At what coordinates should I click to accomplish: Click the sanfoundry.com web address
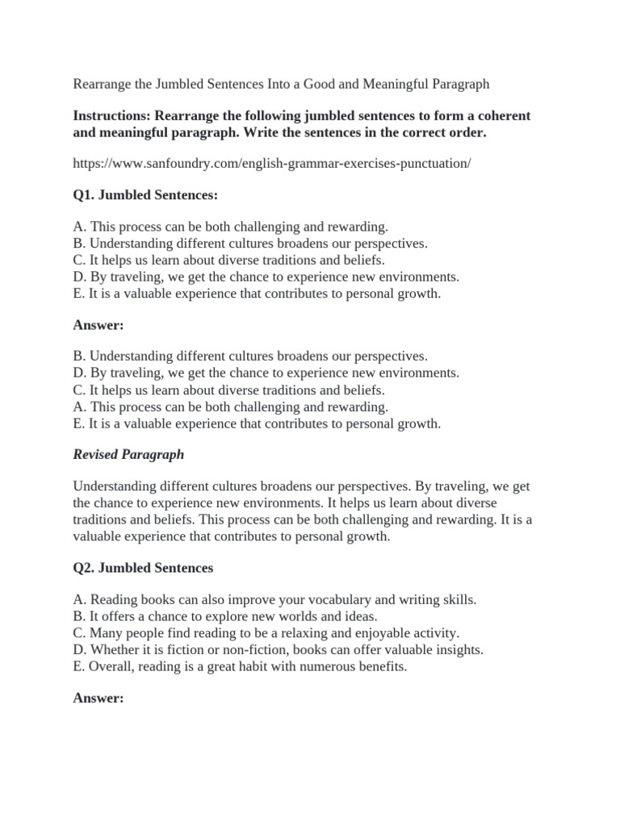tap(271, 163)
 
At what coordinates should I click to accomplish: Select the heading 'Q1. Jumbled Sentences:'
tap(145, 195)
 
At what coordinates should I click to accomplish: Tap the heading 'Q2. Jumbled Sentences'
tap(143, 568)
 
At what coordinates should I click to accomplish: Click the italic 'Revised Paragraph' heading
tap(128, 454)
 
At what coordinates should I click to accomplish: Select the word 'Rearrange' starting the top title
tap(103, 84)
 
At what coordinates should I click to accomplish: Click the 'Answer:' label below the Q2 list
tap(98, 698)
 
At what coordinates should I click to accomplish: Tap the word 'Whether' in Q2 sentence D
tap(113, 649)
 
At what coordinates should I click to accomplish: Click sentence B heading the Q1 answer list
tap(250, 357)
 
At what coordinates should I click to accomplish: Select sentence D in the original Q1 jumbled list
tap(266, 277)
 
